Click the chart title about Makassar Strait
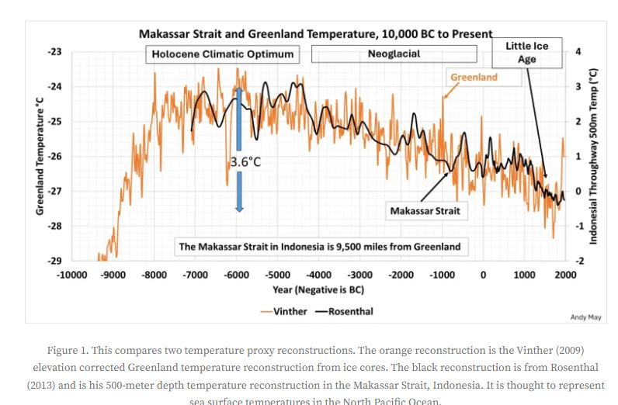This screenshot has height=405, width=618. pyautogui.click(x=315, y=33)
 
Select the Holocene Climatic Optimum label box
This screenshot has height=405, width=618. pyautogui.click(x=223, y=54)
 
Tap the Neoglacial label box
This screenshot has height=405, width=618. pyautogui.click(x=394, y=54)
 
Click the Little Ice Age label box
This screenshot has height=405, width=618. pyautogui.click(x=527, y=53)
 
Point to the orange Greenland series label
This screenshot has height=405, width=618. pyautogui.click(x=474, y=78)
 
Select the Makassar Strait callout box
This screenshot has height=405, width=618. pyautogui.click(x=425, y=210)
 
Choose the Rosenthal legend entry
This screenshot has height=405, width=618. pyautogui.click(x=344, y=311)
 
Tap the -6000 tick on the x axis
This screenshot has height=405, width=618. pyautogui.click(x=237, y=275)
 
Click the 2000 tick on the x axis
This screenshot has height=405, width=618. pyautogui.click(x=565, y=275)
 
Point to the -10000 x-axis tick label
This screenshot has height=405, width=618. pyautogui.click(x=72, y=275)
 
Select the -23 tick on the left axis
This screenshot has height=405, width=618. pyautogui.click(x=54, y=52)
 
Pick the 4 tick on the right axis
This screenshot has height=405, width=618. pyautogui.click(x=578, y=52)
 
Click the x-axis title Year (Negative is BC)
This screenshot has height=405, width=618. pyautogui.click(x=319, y=289)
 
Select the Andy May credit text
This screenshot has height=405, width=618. pyautogui.click(x=585, y=317)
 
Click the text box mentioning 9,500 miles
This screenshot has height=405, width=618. pyautogui.click(x=319, y=247)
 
